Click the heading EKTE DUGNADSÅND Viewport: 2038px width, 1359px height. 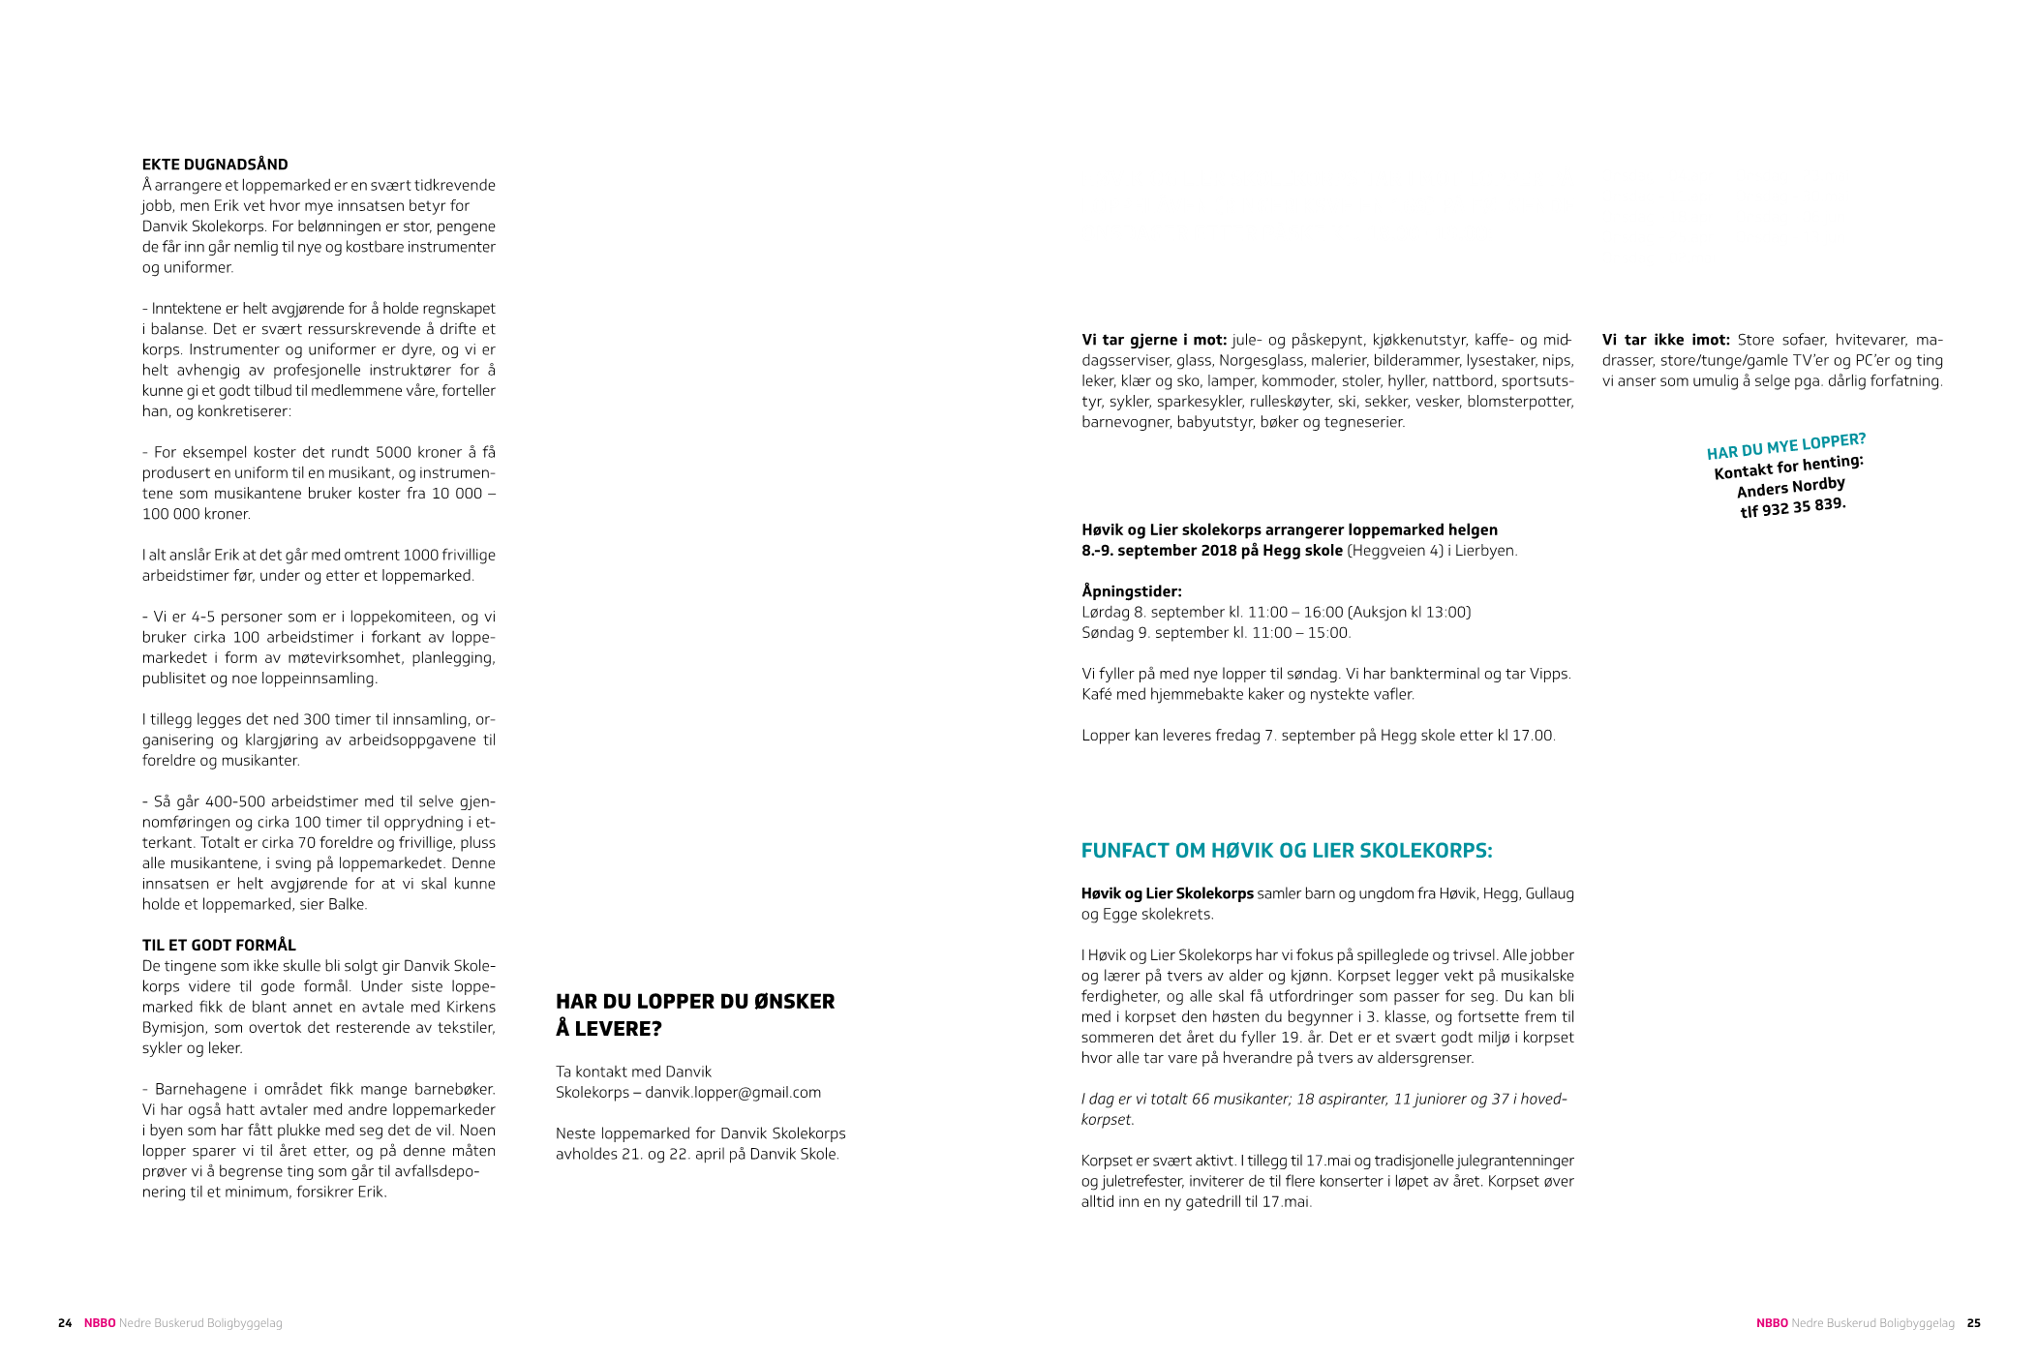215,165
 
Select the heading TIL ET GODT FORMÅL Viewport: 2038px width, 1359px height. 219,945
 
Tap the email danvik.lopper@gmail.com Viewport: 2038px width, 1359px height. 733,1093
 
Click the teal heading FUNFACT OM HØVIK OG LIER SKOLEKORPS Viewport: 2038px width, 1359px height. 1287,851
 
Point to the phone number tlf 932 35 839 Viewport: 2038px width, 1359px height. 1793,506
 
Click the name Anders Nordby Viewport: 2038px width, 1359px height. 1791,487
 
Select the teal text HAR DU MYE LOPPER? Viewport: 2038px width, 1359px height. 1786,447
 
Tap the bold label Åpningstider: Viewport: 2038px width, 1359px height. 1132,591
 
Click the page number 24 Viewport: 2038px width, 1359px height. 65,1323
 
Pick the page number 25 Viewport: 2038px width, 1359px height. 1973,1323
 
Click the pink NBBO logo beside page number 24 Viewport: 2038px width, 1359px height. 100,1323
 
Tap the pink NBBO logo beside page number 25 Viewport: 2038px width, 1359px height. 1772,1323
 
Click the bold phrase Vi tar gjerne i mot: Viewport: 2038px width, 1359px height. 1154,341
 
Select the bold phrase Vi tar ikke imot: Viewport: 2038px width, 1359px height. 1666,341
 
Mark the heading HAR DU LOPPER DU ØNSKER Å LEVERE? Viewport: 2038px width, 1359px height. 695,1014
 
